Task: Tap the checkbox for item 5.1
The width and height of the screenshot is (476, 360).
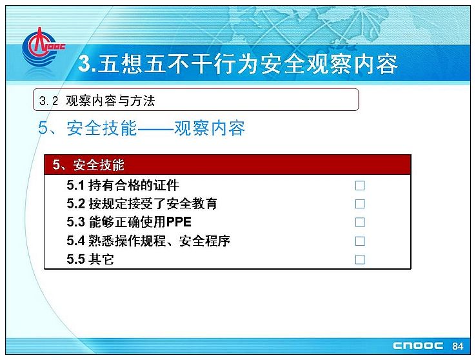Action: (360, 185)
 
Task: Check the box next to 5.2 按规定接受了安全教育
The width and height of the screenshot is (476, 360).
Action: (360, 204)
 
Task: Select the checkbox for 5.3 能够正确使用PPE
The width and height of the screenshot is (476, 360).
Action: (360, 223)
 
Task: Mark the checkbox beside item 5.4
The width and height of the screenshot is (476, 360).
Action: (360, 241)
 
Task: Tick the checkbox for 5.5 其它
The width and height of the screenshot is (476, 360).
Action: (360, 259)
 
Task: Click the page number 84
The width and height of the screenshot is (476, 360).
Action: (457, 346)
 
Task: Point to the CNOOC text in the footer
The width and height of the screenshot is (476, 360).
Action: (418, 346)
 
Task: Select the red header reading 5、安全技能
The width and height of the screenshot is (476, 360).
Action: (228, 165)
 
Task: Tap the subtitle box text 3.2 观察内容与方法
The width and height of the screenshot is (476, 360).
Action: (97, 101)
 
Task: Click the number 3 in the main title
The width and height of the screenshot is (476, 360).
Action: (84, 64)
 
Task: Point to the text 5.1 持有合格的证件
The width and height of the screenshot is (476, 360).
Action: (123, 185)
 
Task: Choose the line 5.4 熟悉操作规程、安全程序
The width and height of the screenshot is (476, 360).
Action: (148, 241)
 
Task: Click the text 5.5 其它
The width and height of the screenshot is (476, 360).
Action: (90, 259)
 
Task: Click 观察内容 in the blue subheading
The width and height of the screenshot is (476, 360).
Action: (210, 128)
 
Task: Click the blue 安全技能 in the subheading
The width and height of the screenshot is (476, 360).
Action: (102, 128)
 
